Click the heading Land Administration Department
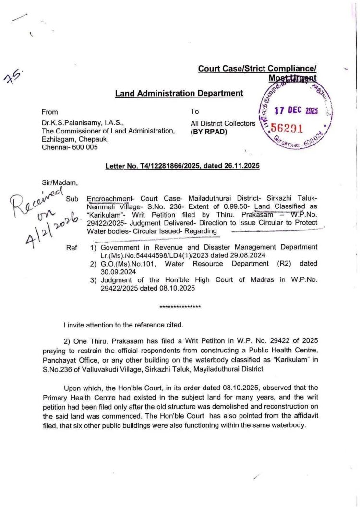(x=179, y=93)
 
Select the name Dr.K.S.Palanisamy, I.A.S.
(x=80, y=123)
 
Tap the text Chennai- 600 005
(x=70, y=147)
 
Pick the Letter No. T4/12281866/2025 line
(x=182, y=166)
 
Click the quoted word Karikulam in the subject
(x=107, y=215)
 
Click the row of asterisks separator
(x=180, y=306)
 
